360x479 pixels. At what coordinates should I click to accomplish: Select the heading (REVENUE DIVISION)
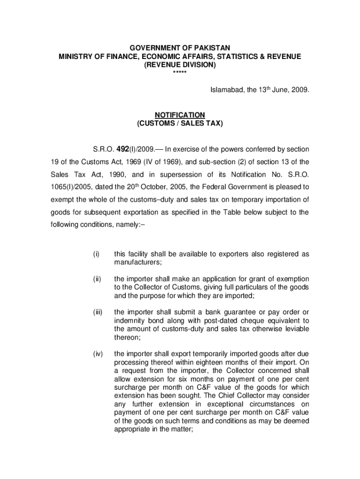[180, 65]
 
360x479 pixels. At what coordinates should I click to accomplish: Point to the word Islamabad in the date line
[224, 90]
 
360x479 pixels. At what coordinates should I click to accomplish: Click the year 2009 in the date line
[299, 90]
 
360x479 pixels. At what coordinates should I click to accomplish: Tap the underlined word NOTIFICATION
[180, 115]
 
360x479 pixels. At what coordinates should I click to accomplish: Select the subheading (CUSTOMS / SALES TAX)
[180, 123]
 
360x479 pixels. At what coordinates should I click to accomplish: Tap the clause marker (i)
[96, 254]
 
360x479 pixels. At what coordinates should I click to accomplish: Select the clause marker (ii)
[96, 279]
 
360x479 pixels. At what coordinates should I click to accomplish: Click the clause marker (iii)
[97, 312]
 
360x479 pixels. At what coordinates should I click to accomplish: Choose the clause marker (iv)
[97, 354]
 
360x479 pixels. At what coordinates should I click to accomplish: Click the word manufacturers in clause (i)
[137, 262]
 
